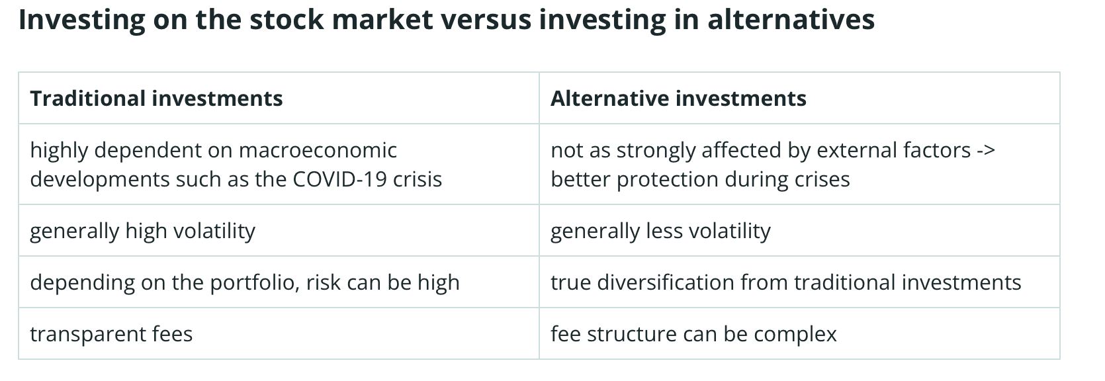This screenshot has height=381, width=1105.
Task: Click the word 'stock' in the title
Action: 286,20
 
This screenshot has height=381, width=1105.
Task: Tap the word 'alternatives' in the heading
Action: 791,20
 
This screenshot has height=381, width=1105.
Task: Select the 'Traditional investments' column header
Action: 156,98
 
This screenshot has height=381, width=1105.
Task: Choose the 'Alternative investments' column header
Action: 678,98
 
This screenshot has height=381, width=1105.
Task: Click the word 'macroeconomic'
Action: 318,150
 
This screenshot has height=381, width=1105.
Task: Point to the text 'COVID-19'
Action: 340,179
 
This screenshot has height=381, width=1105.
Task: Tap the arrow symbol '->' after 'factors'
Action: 987,150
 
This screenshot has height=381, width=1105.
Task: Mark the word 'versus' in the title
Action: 486,21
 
